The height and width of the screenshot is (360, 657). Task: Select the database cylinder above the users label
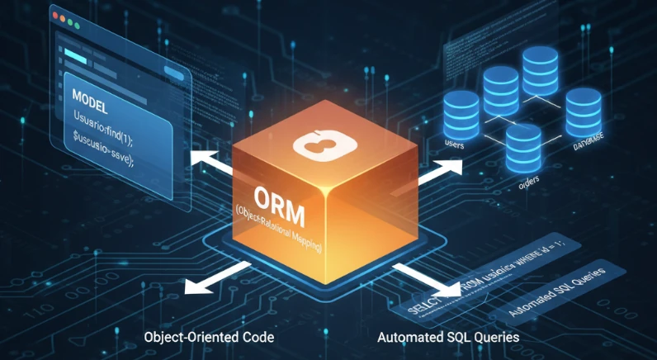pyautogui.click(x=461, y=111)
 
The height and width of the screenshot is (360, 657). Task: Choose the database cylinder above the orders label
pyautogui.click(x=522, y=146)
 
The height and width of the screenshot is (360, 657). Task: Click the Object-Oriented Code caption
pyautogui.click(x=208, y=338)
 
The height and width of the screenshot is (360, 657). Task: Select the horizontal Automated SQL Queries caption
pyautogui.click(x=448, y=338)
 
